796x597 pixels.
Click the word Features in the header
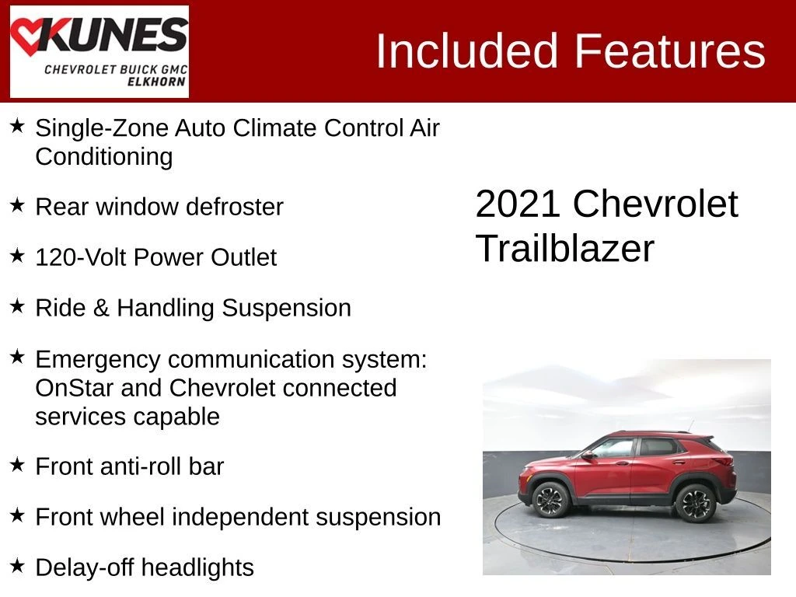pyautogui.click(x=670, y=51)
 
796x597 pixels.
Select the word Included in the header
pyautogui.click(x=466, y=51)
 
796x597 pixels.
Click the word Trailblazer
pyautogui.click(x=565, y=248)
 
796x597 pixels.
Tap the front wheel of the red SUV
pyautogui.click(x=551, y=500)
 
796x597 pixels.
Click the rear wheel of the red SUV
pyautogui.click(x=695, y=503)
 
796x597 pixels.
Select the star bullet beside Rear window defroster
pyautogui.click(x=17, y=205)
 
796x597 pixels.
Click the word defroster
pyautogui.click(x=235, y=207)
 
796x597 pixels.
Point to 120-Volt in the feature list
pyautogui.click(x=81, y=257)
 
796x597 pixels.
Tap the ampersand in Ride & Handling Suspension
pyautogui.click(x=102, y=308)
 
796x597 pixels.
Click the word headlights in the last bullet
pyautogui.click(x=198, y=567)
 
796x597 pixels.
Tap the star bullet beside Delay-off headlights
pyautogui.click(x=17, y=566)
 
